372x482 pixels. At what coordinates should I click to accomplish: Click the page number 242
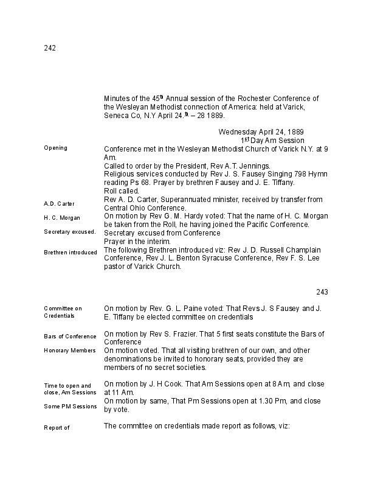tap(50, 49)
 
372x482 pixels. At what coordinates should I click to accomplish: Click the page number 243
tap(322, 292)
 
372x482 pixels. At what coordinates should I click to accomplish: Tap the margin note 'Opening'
tap(55, 148)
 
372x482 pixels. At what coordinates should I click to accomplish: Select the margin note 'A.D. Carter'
tap(59, 203)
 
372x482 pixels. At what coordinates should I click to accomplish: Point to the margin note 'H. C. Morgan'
tap(61, 217)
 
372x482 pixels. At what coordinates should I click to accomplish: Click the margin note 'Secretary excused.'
tap(69, 232)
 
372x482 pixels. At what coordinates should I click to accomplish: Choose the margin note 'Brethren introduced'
tap(71, 252)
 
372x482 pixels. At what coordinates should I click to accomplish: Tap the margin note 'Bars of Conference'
tap(70, 337)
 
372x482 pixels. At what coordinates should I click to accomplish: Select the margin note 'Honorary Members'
tap(69, 351)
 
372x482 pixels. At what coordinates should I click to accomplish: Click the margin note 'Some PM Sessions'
tap(70, 406)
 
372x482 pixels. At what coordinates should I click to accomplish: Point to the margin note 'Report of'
tap(57, 428)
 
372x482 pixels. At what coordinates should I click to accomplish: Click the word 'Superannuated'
tap(180, 200)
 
